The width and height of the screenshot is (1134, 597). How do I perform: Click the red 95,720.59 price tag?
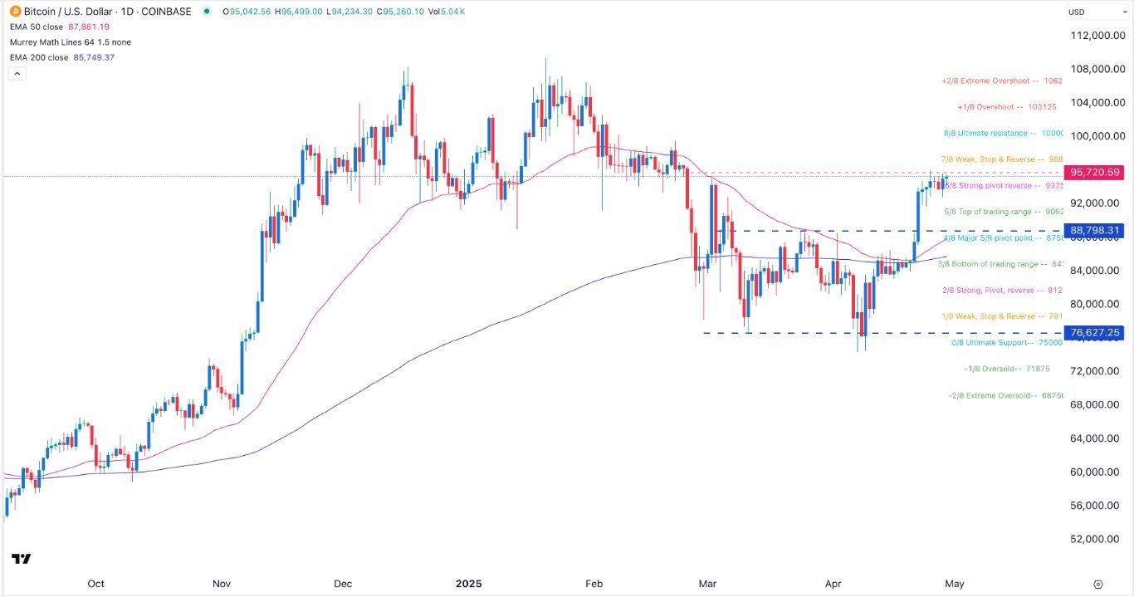(1096, 173)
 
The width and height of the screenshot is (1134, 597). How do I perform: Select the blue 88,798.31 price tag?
(1096, 230)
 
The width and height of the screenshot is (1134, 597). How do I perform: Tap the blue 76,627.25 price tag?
(1096, 333)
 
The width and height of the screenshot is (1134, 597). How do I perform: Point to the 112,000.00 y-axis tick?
(1096, 36)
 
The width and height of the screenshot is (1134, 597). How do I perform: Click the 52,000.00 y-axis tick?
(1096, 539)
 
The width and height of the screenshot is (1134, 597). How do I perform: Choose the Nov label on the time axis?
(221, 584)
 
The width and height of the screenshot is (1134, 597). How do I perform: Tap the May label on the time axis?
(955, 584)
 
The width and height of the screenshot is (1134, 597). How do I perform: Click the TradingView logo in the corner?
(22, 559)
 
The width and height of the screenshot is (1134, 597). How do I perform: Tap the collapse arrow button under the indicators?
(16, 73)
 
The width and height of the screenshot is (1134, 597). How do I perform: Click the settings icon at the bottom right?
(1098, 584)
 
